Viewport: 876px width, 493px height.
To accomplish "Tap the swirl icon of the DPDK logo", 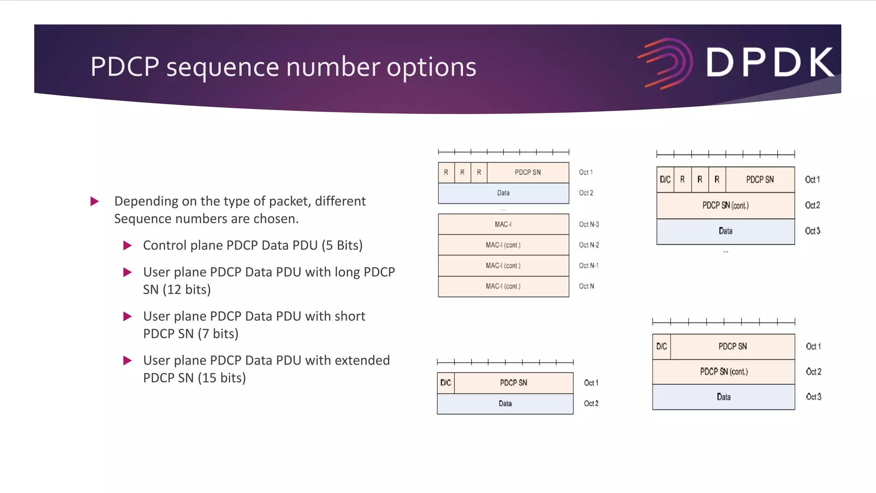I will [666, 63].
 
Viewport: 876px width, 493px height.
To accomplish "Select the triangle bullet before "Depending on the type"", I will [95, 201].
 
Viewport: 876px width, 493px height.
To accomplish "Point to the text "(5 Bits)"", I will [342, 245].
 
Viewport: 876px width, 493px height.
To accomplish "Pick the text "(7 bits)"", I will [218, 334].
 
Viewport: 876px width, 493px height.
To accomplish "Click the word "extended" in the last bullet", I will [362, 360].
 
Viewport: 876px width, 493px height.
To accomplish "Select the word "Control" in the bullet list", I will [165, 245].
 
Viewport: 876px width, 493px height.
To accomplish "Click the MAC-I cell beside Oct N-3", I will [503, 224].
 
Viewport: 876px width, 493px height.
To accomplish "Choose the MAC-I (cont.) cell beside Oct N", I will [503, 286].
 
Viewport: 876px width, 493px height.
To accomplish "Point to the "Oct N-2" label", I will [589, 245].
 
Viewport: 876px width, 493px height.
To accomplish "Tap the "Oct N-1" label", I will [589, 266].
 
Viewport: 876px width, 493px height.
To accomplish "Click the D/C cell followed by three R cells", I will [665, 180].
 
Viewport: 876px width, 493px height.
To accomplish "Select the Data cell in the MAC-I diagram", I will [503, 193].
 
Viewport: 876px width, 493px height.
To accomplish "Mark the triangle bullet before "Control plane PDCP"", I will [127, 245].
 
